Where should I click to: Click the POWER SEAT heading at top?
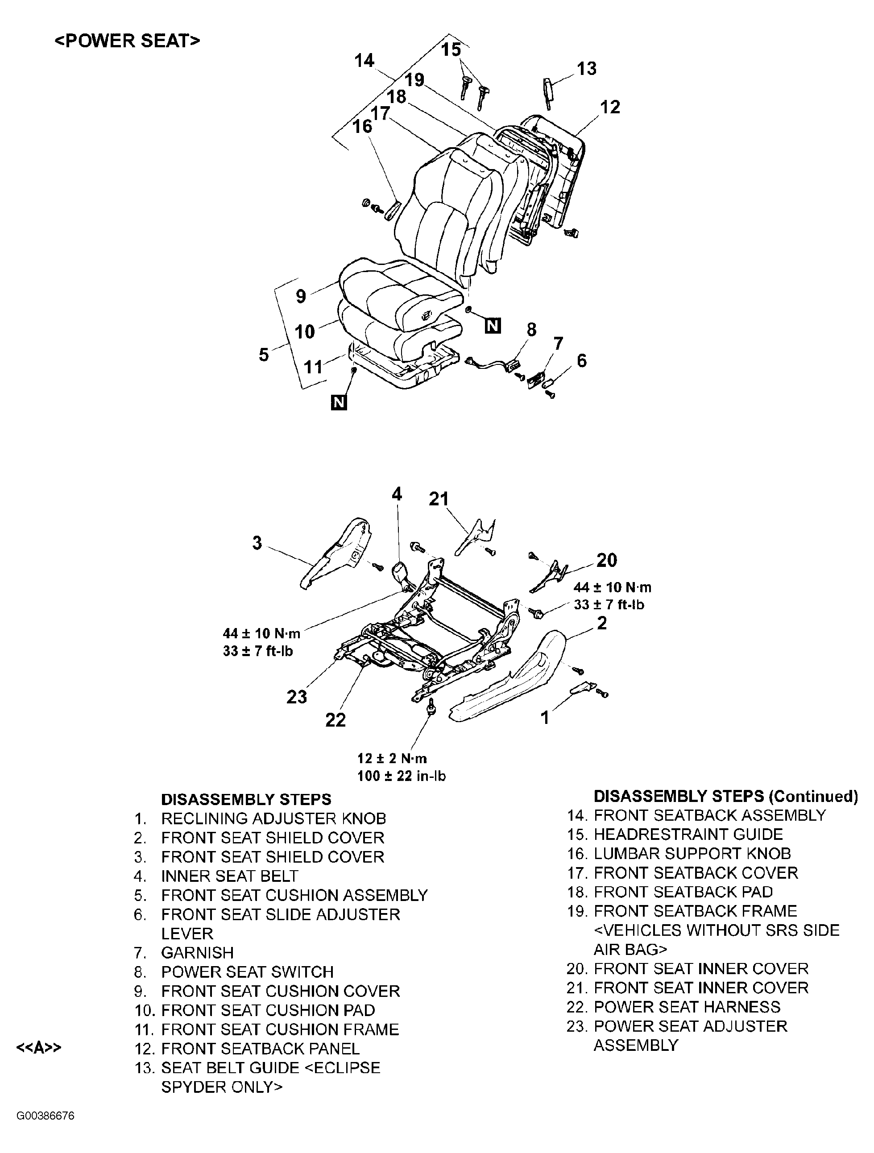pyautogui.click(x=127, y=41)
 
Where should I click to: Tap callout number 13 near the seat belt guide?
pyautogui.click(x=587, y=68)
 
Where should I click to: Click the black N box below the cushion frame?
pyautogui.click(x=339, y=402)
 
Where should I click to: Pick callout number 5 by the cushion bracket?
pyautogui.click(x=264, y=355)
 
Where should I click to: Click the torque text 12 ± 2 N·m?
pyautogui.click(x=392, y=758)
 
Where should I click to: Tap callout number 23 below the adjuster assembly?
pyautogui.click(x=297, y=696)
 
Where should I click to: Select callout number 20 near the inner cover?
pyautogui.click(x=606, y=560)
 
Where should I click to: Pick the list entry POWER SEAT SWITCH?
pyautogui.click(x=247, y=971)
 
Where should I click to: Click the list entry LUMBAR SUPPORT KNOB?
pyautogui.click(x=692, y=853)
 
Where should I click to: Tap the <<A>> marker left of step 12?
pyautogui.click(x=39, y=1048)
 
